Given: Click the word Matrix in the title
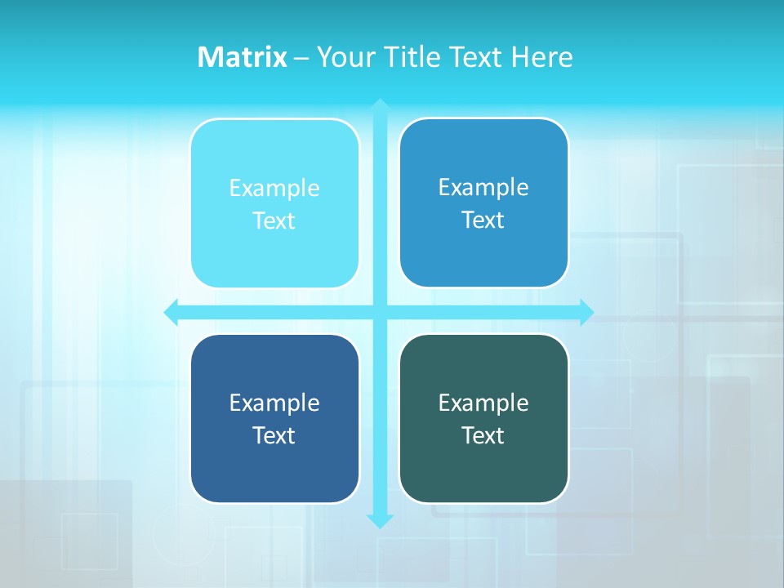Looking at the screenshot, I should coord(242,57).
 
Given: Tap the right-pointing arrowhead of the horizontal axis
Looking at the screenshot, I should coord(586,312).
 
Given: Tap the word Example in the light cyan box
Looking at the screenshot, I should coord(274,189).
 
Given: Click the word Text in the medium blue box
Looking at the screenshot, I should coord(483,220).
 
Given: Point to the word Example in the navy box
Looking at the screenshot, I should coord(274,403).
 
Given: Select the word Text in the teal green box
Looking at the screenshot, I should coord(483,436).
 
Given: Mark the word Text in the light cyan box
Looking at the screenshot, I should coord(274,221).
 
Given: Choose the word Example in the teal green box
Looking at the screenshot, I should coord(483,403).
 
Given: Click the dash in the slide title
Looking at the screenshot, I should coord(301,58).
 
